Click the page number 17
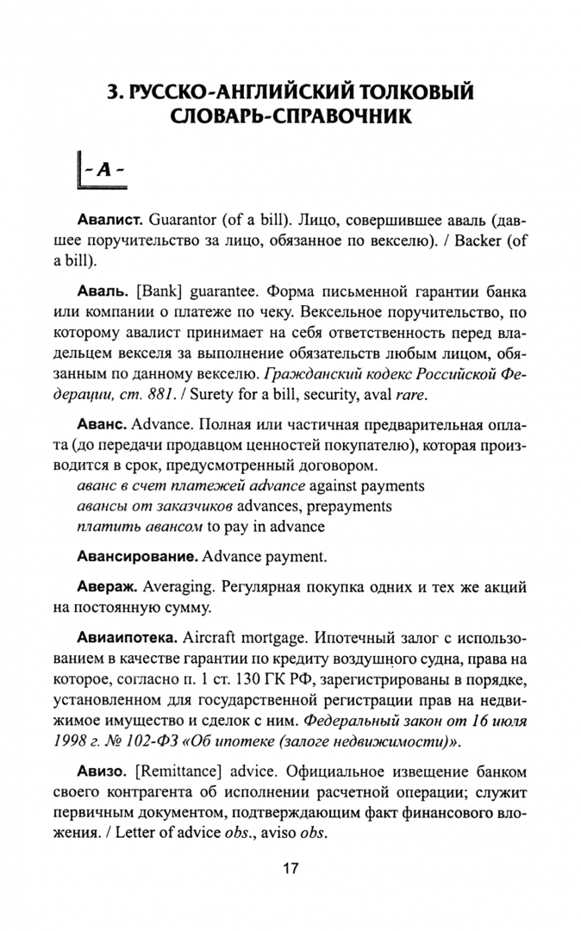coord(290,868)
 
